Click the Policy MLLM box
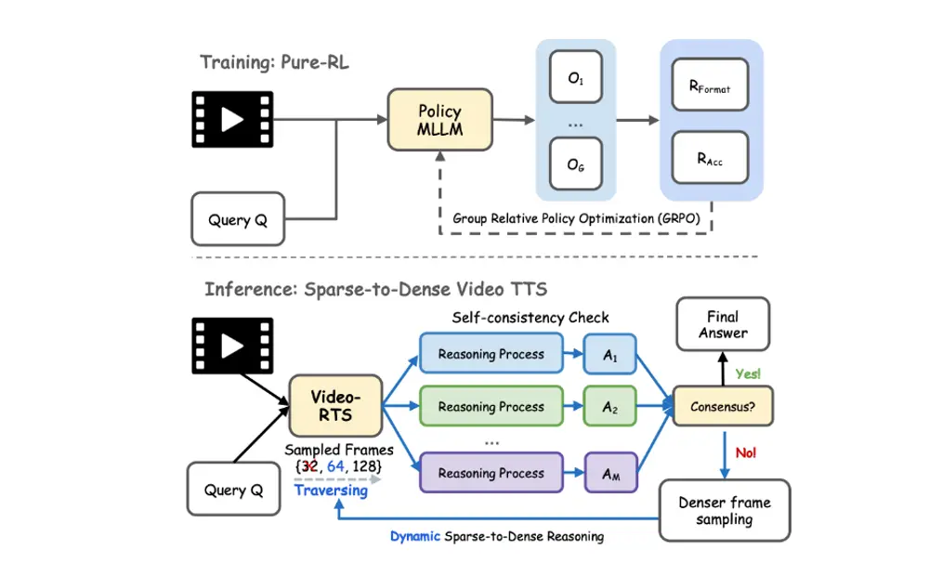click(439, 119)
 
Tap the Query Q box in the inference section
click(238, 490)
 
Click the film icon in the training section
click(232, 119)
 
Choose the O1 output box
click(576, 79)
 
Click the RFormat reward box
click(712, 87)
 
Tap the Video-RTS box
click(334, 405)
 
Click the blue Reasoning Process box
click(491, 354)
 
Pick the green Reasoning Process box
click(491, 407)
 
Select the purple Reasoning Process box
click(491, 473)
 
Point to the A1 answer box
click(610, 354)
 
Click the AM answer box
click(610, 473)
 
